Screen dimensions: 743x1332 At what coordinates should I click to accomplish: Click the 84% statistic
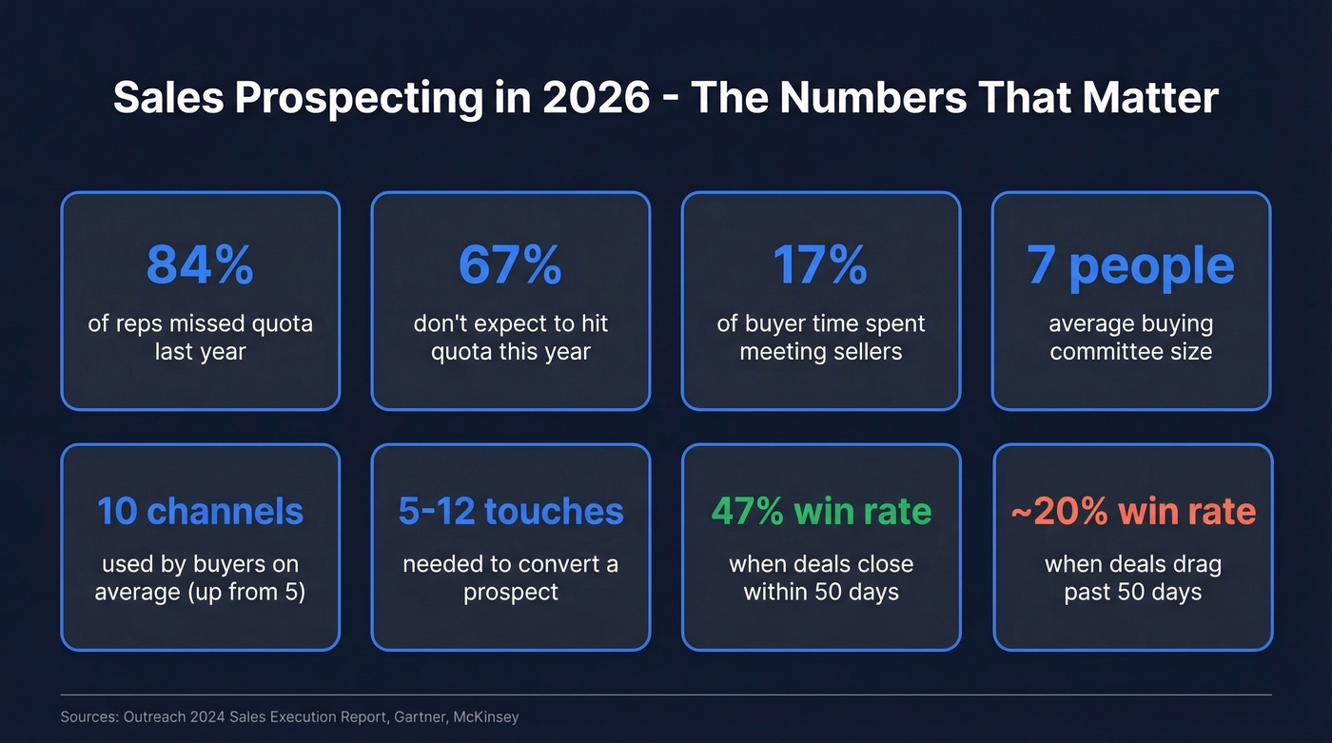point(200,265)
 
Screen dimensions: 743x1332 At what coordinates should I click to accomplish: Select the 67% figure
point(510,265)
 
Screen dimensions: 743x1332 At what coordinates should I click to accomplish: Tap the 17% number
point(820,265)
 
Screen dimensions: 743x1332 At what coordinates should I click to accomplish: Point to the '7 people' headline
point(1131,265)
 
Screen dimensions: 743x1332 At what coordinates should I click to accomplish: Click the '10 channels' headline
point(200,511)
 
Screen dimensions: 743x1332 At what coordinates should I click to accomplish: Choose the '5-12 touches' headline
point(510,511)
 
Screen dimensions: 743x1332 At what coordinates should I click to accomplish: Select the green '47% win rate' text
point(821,511)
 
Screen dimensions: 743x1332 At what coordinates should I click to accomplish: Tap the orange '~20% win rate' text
point(1132,511)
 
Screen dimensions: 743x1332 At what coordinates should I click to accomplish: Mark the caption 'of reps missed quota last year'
point(200,338)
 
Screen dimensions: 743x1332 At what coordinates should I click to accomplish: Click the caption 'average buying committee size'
point(1131,338)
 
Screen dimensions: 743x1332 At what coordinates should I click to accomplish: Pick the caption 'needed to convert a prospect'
point(510,578)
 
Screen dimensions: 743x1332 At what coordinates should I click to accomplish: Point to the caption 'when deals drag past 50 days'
point(1132,578)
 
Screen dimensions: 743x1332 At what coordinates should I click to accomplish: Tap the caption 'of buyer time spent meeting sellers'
point(820,338)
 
